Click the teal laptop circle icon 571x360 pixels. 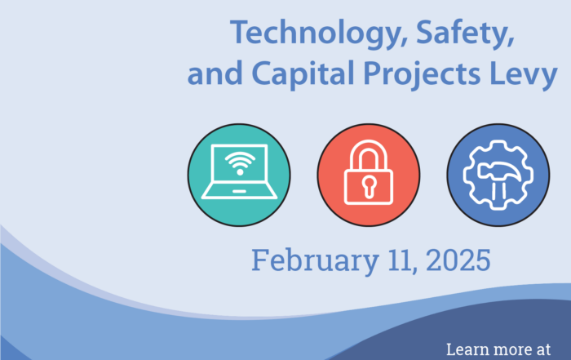239,175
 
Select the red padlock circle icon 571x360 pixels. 369,175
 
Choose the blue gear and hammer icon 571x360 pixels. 498,175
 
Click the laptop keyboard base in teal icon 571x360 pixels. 239,193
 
